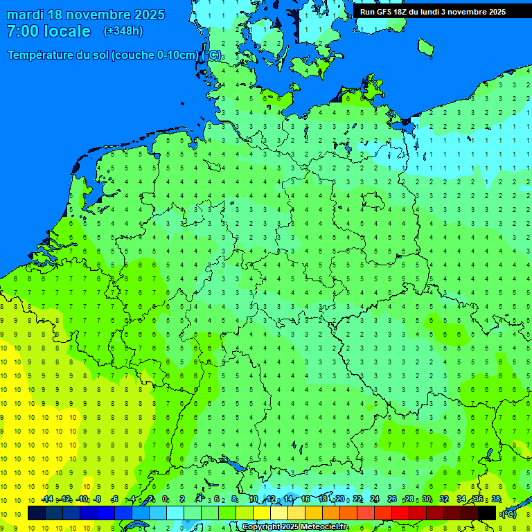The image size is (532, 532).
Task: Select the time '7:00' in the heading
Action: [21, 31]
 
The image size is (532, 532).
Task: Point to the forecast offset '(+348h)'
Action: [123, 31]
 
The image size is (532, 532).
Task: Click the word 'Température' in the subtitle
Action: [42, 55]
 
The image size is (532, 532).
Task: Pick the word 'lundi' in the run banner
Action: [439, 12]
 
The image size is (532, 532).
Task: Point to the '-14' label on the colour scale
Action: [47, 499]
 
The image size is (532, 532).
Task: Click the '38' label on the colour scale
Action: [496, 499]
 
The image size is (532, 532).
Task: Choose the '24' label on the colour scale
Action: [374, 499]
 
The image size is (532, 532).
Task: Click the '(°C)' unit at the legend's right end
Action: [509, 513]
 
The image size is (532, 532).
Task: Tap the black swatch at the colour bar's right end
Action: [487, 513]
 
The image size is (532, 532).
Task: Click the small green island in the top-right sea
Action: [425, 47]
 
